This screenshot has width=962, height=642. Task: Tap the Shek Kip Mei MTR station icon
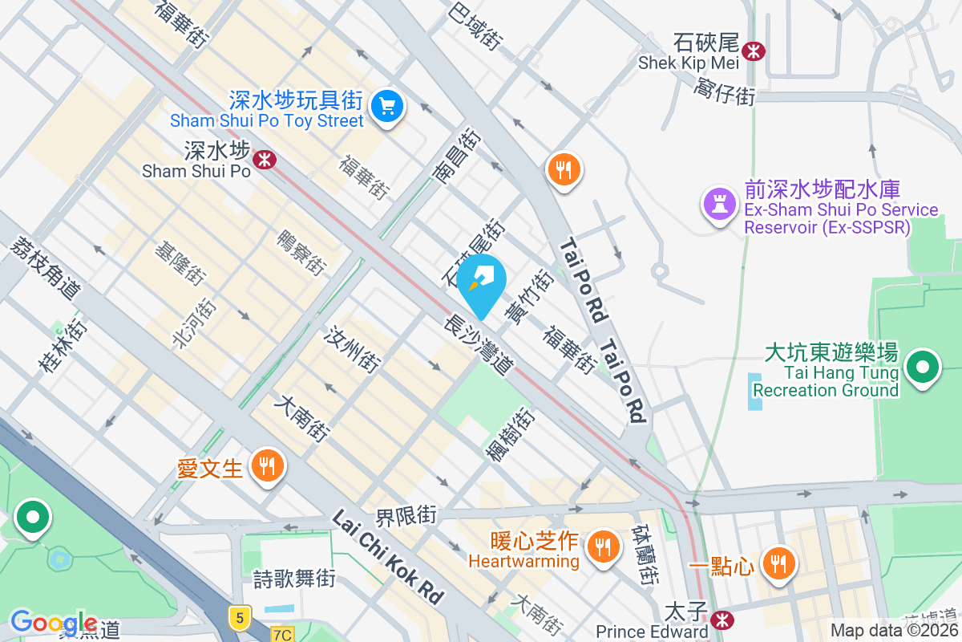point(753,51)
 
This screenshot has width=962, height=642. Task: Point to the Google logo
point(54,621)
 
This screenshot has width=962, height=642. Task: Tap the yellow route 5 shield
point(239,617)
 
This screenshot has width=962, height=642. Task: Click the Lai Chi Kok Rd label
point(388,556)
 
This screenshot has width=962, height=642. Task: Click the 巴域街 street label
point(476,24)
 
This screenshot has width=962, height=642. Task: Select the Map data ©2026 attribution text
point(894,630)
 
